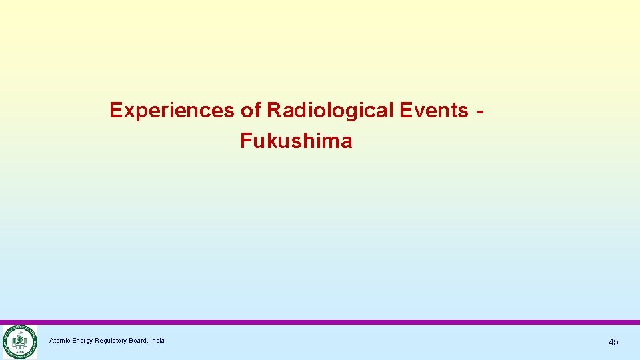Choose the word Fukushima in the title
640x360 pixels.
tap(296, 141)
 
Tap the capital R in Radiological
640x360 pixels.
tap(273, 110)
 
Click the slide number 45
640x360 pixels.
tap(613, 342)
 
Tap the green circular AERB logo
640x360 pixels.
tap(19, 342)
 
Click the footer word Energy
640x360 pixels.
tap(83, 341)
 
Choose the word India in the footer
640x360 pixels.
tap(158, 341)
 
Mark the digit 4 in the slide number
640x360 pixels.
tap(611, 342)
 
